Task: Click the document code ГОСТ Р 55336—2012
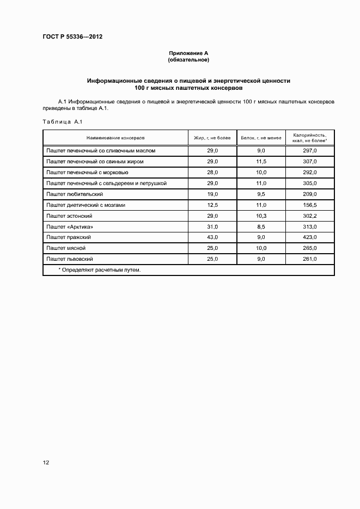(x=72, y=37)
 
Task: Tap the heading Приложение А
(x=188, y=53)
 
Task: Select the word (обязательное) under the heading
(x=188, y=59)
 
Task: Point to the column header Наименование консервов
(x=115, y=138)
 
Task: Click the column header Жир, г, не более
(x=212, y=138)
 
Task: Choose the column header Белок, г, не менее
(x=261, y=138)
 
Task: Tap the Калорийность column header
(x=309, y=137)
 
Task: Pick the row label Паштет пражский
(x=69, y=237)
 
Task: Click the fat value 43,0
(x=212, y=237)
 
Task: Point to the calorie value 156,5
(x=309, y=205)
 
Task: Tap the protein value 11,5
(x=261, y=162)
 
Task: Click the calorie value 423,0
(x=309, y=237)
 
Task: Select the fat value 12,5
(x=212, y=205)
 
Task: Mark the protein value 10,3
(x=261, y=216)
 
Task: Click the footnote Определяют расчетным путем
(x=99, y=269)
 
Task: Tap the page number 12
(x=46, y=463)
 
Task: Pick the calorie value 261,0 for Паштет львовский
(x=309, y=259)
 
